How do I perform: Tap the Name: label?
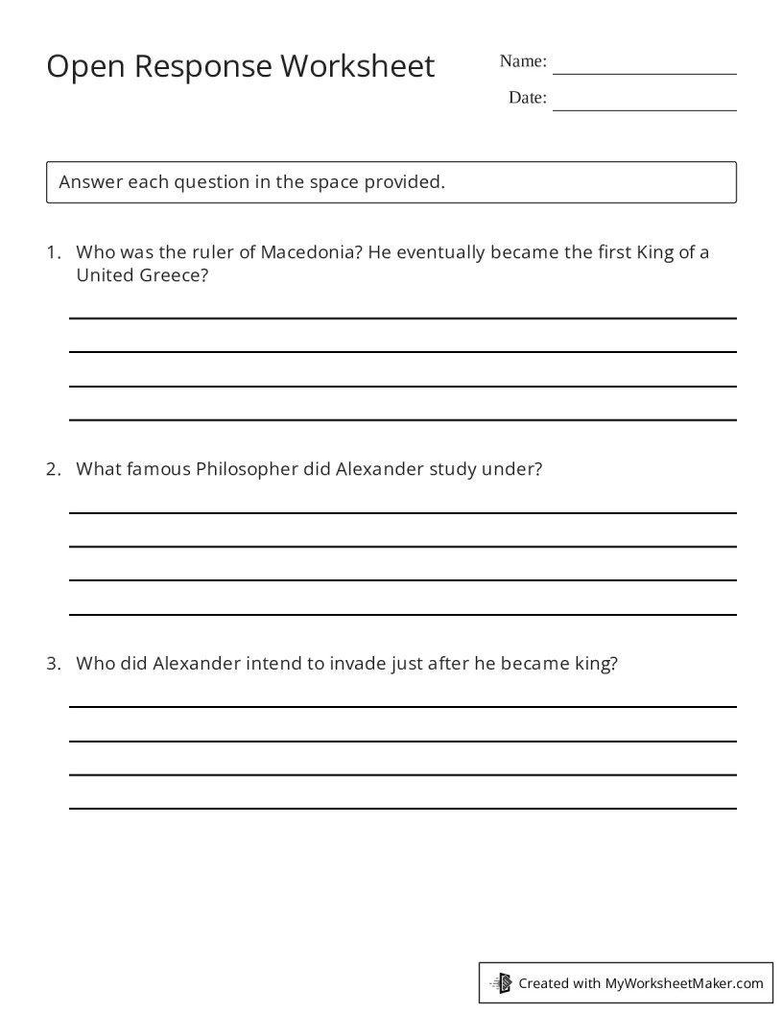coord(523,61)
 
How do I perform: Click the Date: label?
coord(528,97)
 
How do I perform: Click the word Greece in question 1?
coord(178,275)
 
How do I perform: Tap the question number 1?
coord(53,253)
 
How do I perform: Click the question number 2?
coord(53,469)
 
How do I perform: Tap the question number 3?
coord(53,663)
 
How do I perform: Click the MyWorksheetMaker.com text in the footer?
coord(684,982)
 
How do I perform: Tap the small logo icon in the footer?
coord(502,982)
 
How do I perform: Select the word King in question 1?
coord(653,253)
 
